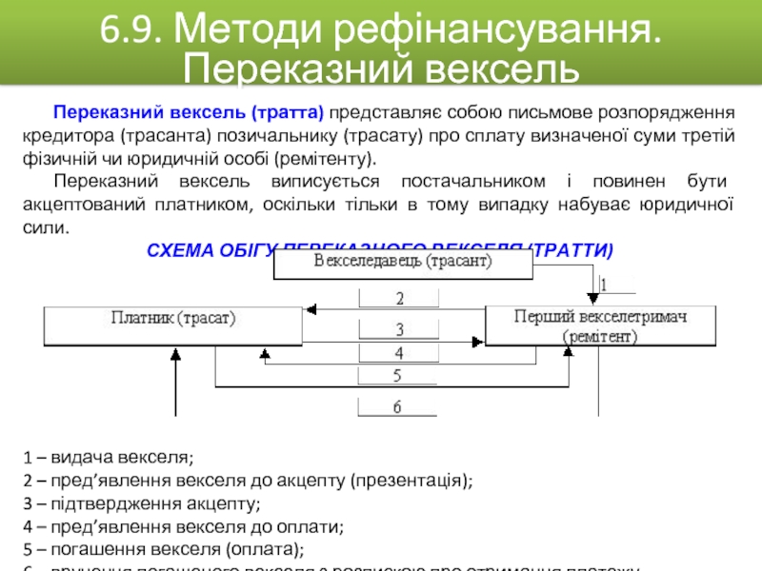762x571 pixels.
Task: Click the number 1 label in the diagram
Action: [x=604, y=285]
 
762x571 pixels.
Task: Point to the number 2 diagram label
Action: [x=399, y=298]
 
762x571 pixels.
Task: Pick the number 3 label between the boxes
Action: [x=399, y=329]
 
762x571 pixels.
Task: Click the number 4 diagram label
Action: [x=399, y=352]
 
